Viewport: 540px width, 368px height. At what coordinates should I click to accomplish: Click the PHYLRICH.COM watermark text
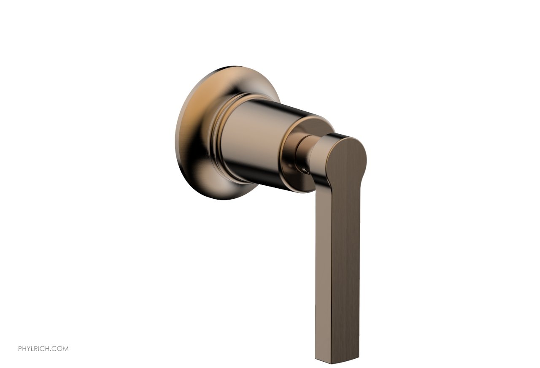(x=43, y=349)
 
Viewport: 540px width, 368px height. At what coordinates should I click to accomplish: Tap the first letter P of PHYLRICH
(x=20, y=349)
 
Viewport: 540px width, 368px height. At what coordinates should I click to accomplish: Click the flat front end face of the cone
(x=316, y=127)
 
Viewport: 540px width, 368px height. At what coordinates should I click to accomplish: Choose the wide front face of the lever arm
(x=346, y=262)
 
